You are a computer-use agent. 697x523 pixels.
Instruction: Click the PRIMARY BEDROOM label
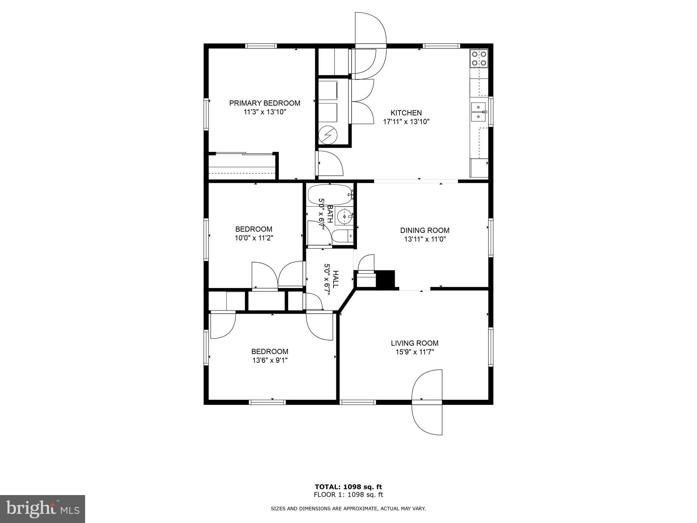coord(264,103)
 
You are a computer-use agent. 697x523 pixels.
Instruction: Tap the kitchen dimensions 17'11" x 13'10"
coord(406,122)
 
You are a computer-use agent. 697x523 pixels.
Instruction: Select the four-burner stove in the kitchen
coord(479,58)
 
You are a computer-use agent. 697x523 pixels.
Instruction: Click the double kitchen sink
coord(479,112)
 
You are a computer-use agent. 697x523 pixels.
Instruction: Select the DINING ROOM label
coord(425,230)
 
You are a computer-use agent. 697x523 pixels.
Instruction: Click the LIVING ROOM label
coord(415,343)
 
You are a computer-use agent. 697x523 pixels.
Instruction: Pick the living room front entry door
coord(427,402)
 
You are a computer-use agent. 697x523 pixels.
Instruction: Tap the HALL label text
coord(336,279)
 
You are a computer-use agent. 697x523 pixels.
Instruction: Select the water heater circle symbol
coord(327,135)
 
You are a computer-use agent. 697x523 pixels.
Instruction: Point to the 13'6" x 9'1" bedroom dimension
coord(270,360)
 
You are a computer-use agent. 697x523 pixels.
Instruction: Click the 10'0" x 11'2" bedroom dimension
coord(254,238)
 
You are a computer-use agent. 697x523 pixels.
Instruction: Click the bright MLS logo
coord(42,509)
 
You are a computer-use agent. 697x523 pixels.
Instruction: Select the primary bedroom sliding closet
coord(242,166)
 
